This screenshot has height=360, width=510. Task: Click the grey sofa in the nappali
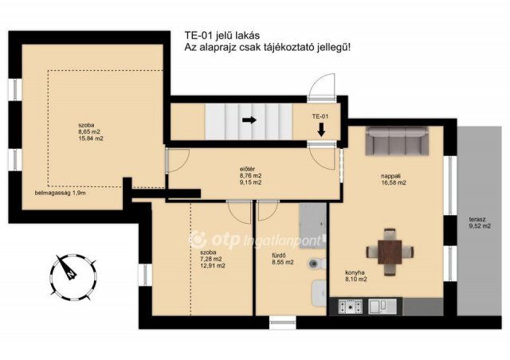pos(397,141)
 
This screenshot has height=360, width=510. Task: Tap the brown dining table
pos(390,252)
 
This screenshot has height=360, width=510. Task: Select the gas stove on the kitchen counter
pos(350,306)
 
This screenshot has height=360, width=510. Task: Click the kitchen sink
pos(382,306)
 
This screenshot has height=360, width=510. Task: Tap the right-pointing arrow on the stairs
pos(249,120)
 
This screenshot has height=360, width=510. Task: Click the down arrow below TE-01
pos(321,129)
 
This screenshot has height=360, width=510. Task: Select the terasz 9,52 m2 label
pos(480,223)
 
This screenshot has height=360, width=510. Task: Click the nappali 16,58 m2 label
pos(394,179)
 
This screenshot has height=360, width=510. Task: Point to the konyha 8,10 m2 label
pos(356,276)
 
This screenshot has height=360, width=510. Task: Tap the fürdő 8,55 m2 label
pos(283,259)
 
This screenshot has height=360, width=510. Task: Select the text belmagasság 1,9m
pos(61,193)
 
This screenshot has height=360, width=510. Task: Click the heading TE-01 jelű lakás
pos(222,35)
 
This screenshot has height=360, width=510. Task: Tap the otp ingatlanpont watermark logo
pos(257,240)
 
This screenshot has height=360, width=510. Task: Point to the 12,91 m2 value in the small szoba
pos(213,266)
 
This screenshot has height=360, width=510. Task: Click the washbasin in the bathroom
pos(319,292)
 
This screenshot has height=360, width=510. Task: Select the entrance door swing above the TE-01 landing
pos(321,85)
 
